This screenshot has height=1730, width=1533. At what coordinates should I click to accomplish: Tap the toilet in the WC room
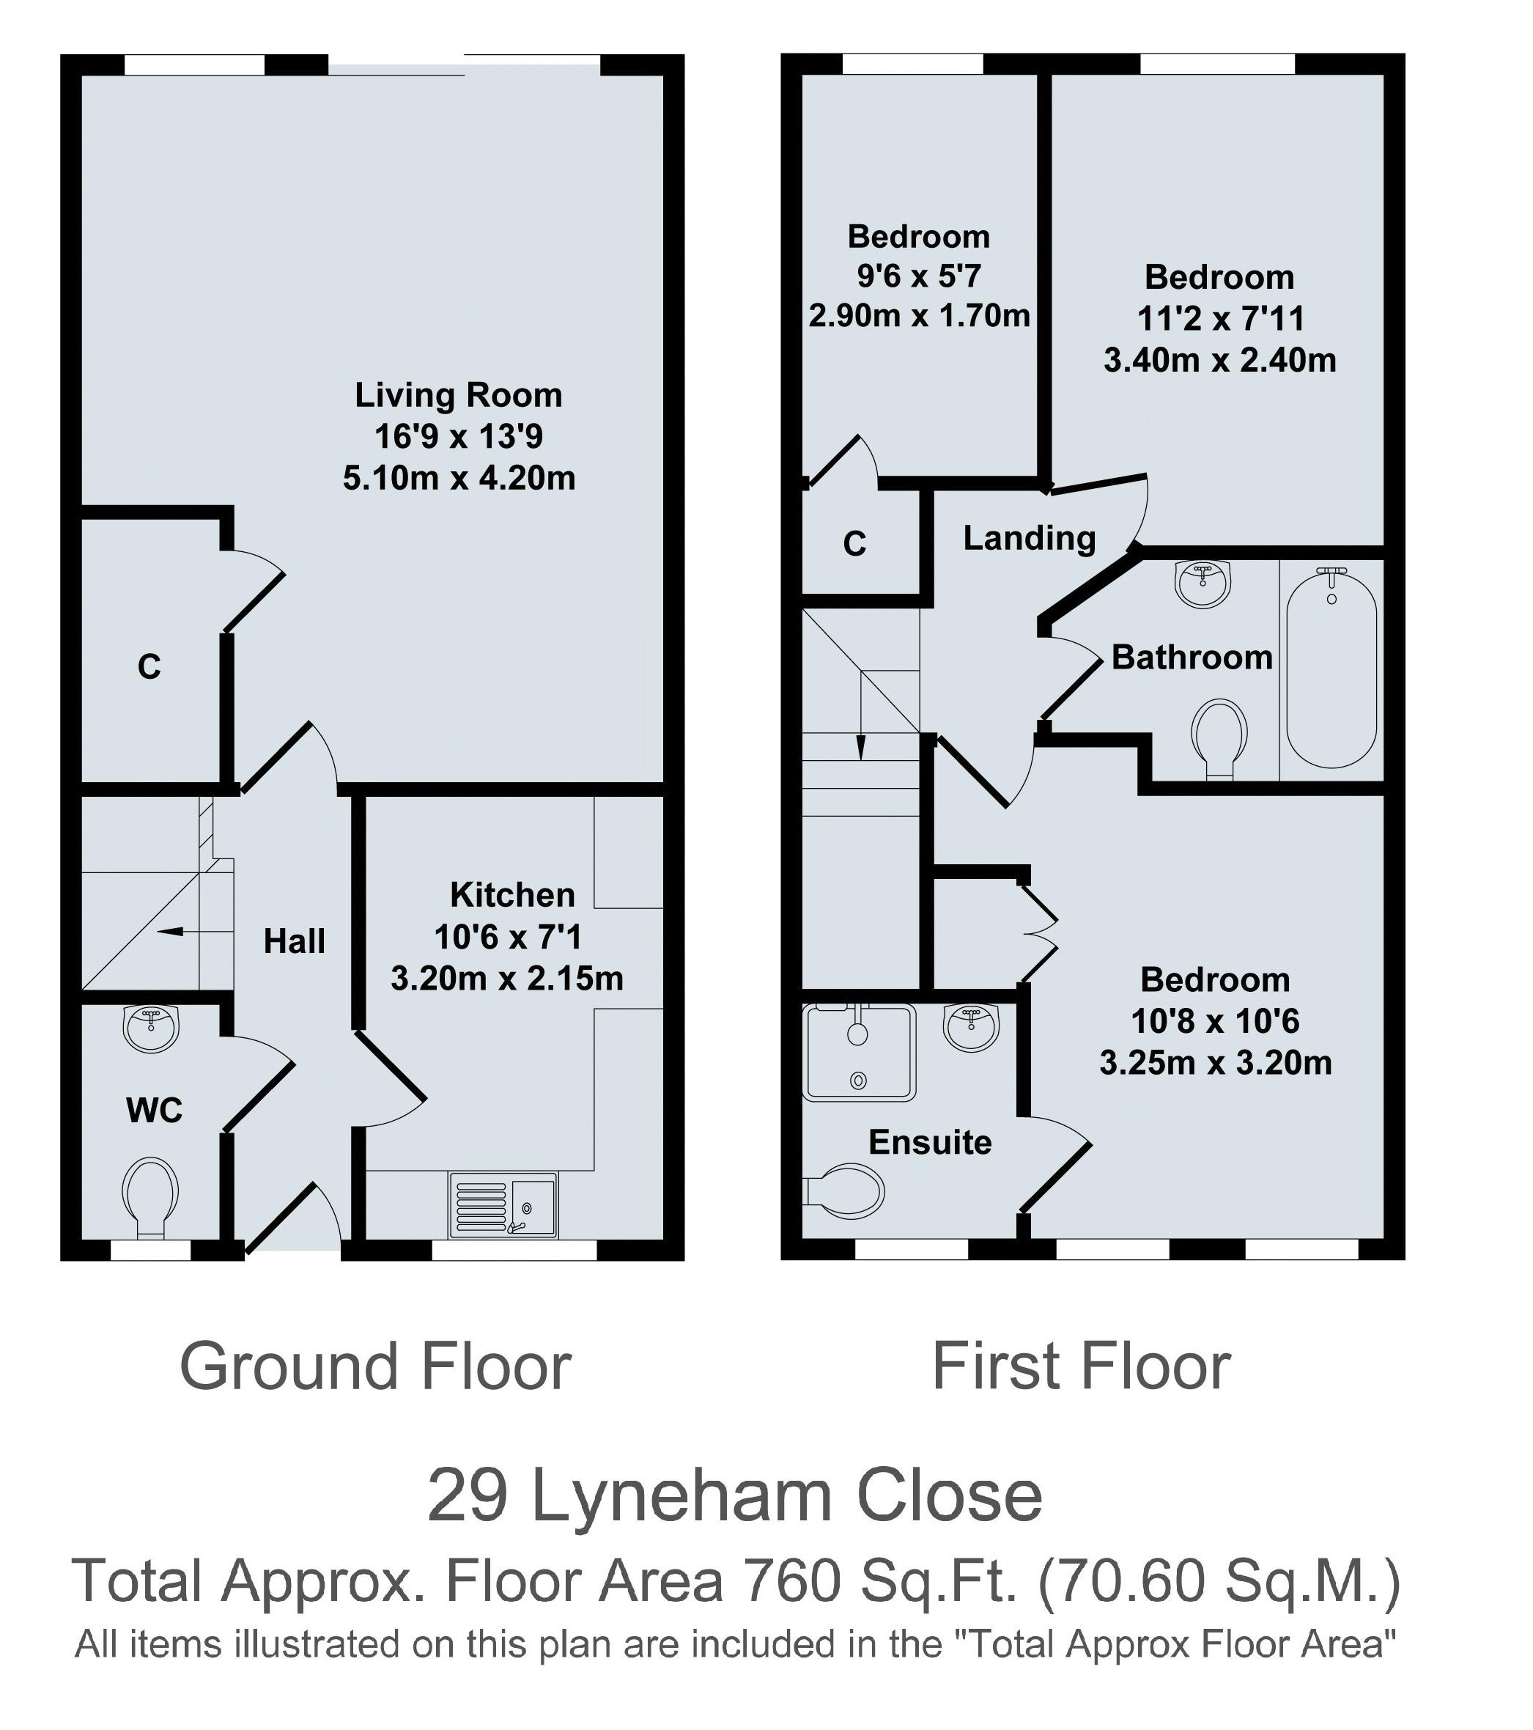(x=151, y=1196)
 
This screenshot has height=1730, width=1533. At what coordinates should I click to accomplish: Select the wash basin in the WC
(x=152, y=1028)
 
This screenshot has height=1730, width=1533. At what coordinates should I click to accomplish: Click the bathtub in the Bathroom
(x=1331, y=669)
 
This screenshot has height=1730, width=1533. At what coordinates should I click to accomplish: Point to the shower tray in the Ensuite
(x=859, y=1053)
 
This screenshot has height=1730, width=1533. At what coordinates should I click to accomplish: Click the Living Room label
(x=458, y=395)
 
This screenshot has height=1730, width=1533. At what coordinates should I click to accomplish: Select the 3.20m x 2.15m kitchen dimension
(x=507, y=979)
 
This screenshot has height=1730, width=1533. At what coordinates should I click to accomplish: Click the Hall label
(x=294, y=941)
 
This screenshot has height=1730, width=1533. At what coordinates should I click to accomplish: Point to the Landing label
(x=1029, y=538)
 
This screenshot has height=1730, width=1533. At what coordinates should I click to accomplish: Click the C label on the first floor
(x=854, y=544)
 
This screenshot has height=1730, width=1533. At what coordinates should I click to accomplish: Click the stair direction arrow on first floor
(x=861, y=746)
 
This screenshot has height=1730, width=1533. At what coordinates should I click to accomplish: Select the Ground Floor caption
(x=376, y=1367)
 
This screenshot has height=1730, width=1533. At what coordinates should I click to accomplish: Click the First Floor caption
(x=1080, y=1367)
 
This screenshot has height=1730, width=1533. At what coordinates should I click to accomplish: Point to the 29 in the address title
(x=467, y=1495)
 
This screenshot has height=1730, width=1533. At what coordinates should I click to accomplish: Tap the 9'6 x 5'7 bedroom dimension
(x=918, y=276)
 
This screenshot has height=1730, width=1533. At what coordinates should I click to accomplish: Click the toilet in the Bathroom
(x=1219, y=734)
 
